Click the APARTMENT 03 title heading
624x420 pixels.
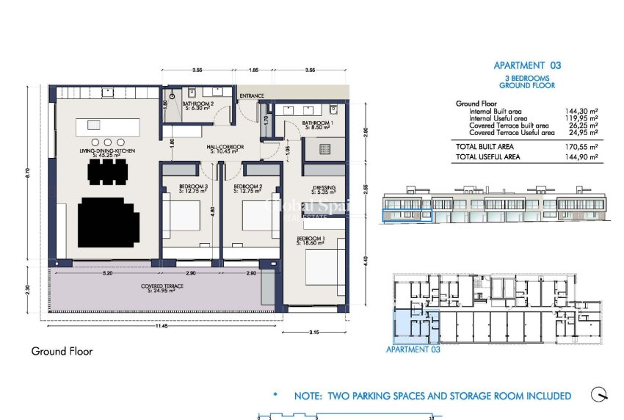(526, 65)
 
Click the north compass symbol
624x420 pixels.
(601, 394)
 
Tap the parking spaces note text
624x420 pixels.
(432, 396)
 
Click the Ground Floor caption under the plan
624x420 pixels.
(62, 351)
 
